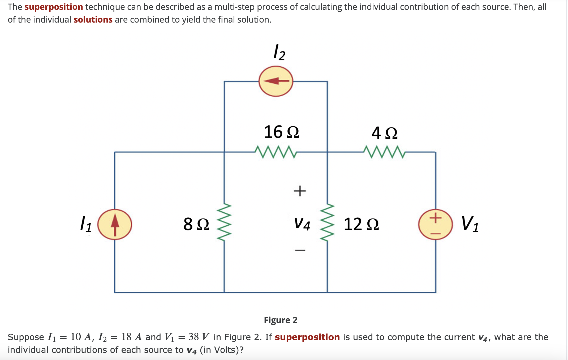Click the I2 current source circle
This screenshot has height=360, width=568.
[276, 81]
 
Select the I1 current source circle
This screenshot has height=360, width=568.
[115, 224]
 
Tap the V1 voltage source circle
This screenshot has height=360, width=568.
[435, 224]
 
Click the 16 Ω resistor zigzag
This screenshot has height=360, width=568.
[276, 152]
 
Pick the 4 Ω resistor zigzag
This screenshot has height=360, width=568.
[384, 152]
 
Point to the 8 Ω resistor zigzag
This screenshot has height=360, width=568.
[224, 222]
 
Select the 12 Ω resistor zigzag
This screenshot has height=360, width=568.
[327, 222]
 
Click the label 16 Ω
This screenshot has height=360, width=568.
[281, 132]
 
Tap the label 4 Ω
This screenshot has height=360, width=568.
[384, 133]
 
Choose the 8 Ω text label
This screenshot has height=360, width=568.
[196, 224]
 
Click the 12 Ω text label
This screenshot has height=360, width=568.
[361, 224]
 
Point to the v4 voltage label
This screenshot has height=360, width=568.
[302, 224]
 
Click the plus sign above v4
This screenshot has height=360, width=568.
[300, 191]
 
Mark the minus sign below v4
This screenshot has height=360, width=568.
[300, 250]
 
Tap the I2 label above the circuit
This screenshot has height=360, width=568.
[279, 53]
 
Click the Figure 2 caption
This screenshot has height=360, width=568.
[281, 320]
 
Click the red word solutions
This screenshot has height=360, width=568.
[93, 20]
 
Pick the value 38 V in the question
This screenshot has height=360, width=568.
[199, 337]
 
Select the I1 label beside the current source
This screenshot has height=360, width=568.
[86, 224]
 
